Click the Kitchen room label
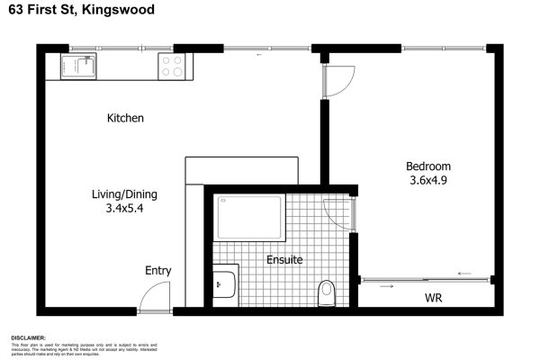tap(125, 118)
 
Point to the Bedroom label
tap(427, 166)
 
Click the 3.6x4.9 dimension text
tap(427, 180)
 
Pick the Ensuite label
tap(284, 260)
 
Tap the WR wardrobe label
tap(433, 297)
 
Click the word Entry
tap(158, 270)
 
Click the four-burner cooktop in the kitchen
tap(172, 66)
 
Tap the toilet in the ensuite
tap(327, 292)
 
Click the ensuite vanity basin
tap(224, 284)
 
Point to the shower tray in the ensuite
tap(250, 219)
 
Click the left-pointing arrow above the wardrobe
tap(464, 274)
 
